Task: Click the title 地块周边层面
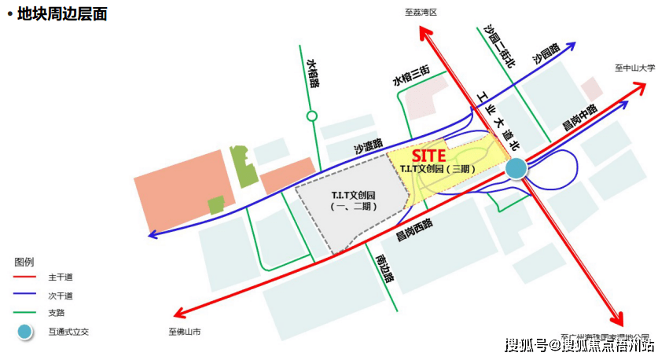61,14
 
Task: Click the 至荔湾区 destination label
421,13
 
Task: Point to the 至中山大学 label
634,68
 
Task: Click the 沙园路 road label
545,53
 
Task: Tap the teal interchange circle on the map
516,167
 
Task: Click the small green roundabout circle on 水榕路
312,116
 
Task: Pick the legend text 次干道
61,296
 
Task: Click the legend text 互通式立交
68,332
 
